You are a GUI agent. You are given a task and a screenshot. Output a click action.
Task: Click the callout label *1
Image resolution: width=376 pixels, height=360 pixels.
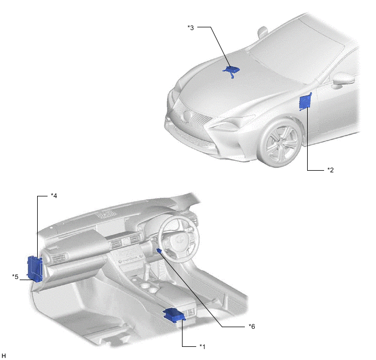[x=202, y=346]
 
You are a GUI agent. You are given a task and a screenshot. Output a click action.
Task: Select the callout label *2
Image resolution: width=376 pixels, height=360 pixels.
[x=331, y=170]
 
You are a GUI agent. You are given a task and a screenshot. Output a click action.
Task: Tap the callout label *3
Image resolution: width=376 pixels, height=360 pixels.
[x=190, y=27]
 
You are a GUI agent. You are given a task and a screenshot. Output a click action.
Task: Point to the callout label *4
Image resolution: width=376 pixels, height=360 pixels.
[x=54, y=196]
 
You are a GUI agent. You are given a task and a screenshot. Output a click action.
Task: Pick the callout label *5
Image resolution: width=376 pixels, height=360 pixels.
[x=15, y=277]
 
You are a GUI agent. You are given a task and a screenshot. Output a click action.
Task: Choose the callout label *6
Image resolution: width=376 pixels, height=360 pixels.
[x=252, y=327]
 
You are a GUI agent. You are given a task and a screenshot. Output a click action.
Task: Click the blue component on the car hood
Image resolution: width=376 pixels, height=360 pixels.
[x=231, y=71]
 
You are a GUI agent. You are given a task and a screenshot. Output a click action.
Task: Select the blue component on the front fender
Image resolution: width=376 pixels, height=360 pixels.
[x=305, y=102]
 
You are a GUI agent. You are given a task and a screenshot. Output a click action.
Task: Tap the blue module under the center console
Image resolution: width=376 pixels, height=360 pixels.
[x=174, y=315]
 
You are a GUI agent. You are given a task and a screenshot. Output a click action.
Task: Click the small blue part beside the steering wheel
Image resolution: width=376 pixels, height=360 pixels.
[x=159, y=251]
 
